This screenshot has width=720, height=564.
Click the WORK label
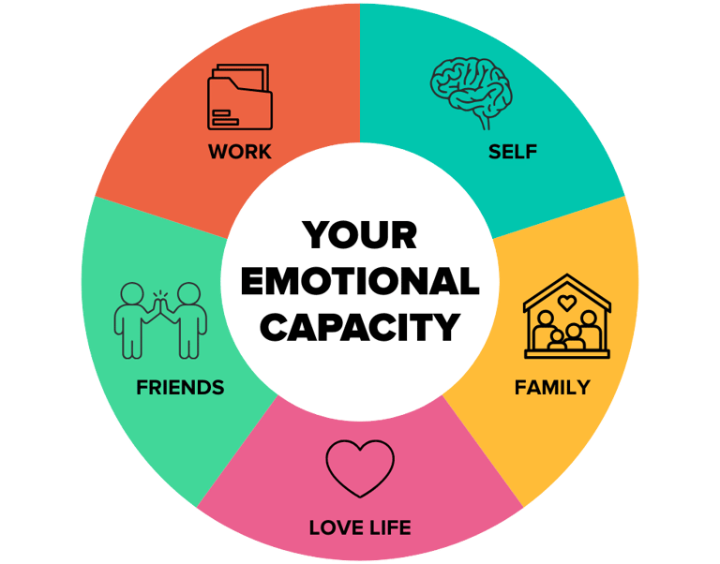click(x=240, y=151)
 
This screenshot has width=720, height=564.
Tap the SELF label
click(x=512, y=151)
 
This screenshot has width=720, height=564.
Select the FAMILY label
click(x=552, y=386)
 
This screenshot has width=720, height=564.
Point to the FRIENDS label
click(x=180, y=387)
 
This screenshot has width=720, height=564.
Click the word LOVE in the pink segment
click(x=334, y=528)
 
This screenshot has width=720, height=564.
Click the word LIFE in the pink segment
click(x=386, y=528)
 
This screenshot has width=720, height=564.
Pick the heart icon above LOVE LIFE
click(x=360, y=467)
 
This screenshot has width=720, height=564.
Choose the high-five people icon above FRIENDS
click(x=159, y=319)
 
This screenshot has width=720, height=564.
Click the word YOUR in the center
click(x=360, y=234)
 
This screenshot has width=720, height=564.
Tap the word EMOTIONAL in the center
click(x=360, y=281)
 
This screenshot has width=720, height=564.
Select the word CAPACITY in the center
click(x=360, y=327)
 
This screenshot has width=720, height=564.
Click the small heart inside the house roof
click(x=566, y=302)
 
